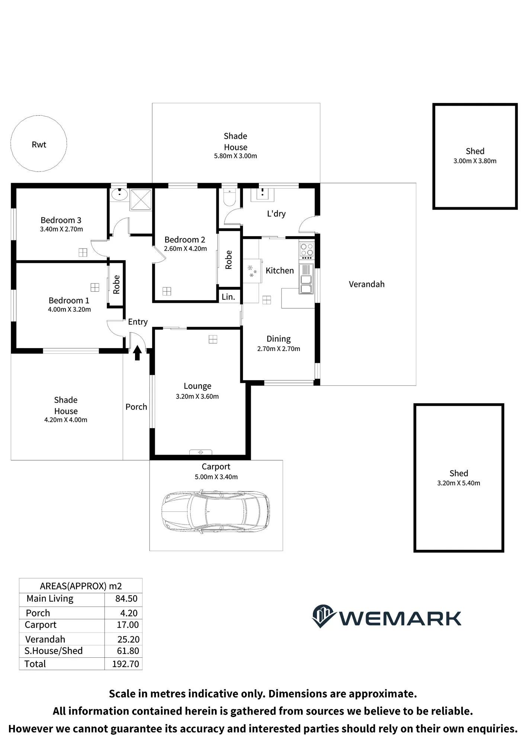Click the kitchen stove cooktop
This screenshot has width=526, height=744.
coord(307,251)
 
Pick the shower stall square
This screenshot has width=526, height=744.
coord(141,200)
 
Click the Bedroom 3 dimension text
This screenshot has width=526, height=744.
coord(61,229)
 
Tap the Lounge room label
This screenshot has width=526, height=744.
coord(198,386)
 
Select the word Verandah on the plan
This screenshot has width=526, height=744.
coord(366,284)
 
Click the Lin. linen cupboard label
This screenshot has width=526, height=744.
coord(228,297)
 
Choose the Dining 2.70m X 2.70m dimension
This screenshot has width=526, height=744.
coord(279,349)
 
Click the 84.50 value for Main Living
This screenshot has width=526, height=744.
coord(126,599)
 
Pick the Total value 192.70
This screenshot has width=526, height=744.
coord(125,664)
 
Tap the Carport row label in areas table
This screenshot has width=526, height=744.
coord(41,625)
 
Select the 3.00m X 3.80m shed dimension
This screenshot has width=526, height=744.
coord(475,161)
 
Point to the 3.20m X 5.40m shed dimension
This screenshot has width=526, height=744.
coord(458,483)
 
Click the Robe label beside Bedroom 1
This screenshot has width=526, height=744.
coord(116,285)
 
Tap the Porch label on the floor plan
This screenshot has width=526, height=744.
coord(136,407)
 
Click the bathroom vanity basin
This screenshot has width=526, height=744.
coord(119,194)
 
